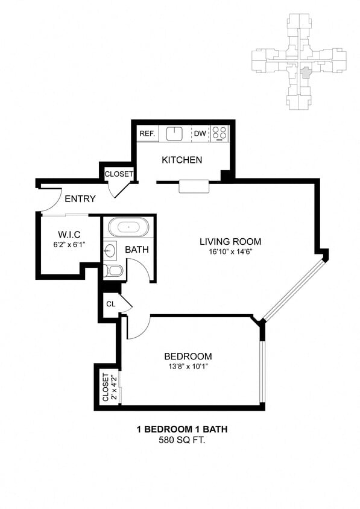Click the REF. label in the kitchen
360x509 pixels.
148,133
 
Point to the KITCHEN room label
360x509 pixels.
182,160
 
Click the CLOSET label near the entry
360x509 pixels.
119,174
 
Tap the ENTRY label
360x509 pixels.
80,199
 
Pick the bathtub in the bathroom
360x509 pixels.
128,228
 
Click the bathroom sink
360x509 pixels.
110,250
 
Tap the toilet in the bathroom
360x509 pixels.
114,271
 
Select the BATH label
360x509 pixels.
136,250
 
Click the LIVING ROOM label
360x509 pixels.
230,242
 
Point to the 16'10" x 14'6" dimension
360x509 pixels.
230,251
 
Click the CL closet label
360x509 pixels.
111,304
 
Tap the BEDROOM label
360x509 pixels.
190,356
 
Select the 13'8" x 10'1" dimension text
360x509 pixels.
190,366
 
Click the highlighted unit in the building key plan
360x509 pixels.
306,73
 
